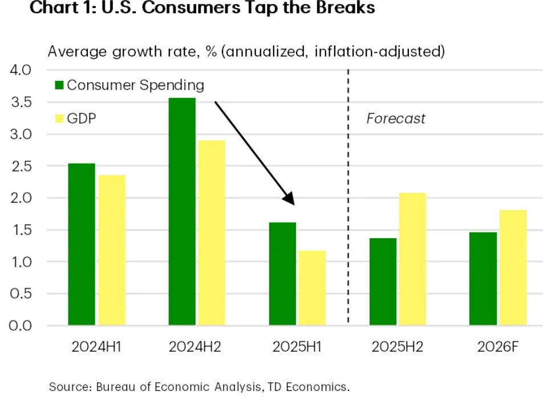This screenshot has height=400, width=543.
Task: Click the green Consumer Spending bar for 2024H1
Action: (x=82, y=244)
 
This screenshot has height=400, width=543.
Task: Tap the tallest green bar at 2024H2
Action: (x=182, y=211)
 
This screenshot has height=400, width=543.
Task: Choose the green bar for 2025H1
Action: (x=282, y=274)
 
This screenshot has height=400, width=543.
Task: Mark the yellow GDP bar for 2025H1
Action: (x=312, y=288)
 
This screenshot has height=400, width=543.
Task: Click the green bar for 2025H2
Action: (x=383, y=281)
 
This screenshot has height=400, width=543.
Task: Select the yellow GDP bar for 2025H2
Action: (x=412, y=259)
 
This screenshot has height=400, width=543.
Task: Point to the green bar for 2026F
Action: (x=483, y=279)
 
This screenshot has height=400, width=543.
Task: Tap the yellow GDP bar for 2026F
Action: (x=513, y=268)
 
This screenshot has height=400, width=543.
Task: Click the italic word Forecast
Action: (x=396, y=119)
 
